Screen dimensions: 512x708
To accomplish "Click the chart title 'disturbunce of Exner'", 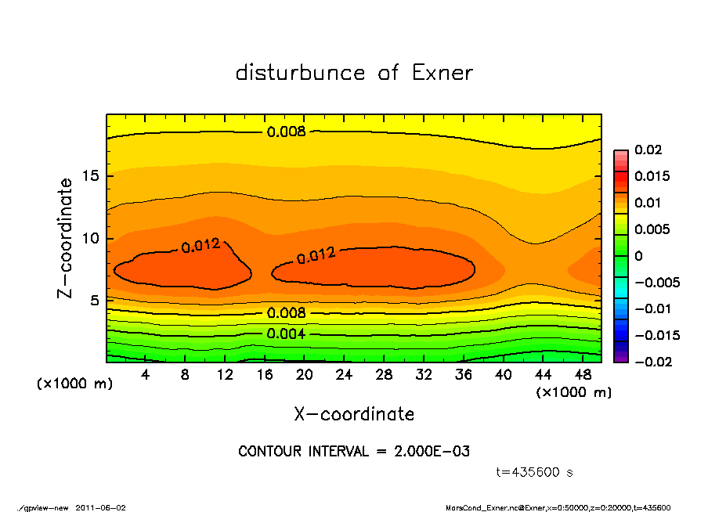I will pyautogui.click(x=354, y=73).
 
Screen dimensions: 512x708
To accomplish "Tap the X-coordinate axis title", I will pyautogui.click(x=354, y=413).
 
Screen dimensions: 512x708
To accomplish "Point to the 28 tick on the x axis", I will pyautogui.click(x=384, y=374).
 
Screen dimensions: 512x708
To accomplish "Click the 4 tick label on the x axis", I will pyautogui.click(x=146, y=374).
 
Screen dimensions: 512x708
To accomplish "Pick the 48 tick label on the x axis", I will pyautogui.click(x=583, y=374).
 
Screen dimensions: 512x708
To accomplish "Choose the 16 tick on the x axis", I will pyautogui.click(x=265, y=374).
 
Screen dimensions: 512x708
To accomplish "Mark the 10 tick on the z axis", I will pyautogui.click(x=92, y=238).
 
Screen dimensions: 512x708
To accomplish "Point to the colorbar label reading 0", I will pyautogui.click(x=638, y=256).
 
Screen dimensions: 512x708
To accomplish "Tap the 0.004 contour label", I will pyautogui.click(x=287, y=334).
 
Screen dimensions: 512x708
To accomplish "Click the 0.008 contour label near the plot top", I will pyautogui.click(x=287, y=132).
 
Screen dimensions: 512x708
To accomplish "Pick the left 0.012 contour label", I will pyautogui.click(x=200, y=246).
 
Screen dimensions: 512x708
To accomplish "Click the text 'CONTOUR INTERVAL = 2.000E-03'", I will pyautogui.click(x=354, y=452).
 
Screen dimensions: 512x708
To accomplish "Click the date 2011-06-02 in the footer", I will pyautogui.click(x=101, y=507).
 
